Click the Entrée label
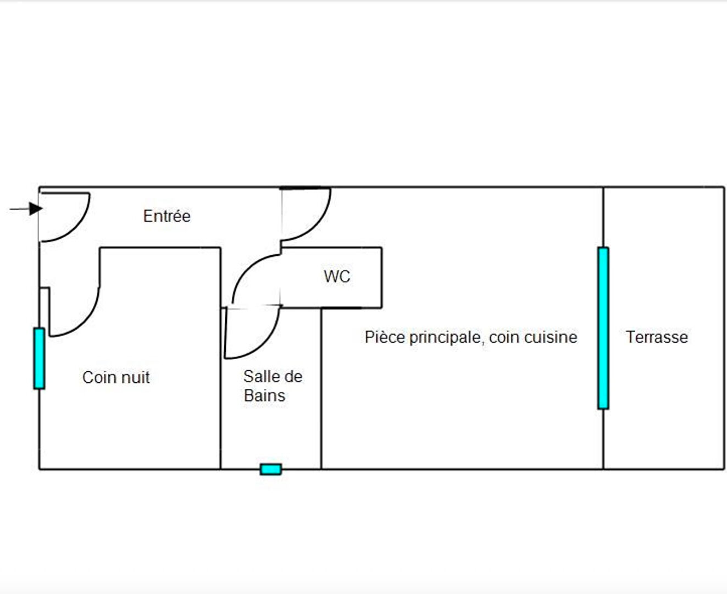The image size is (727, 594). (167, 216)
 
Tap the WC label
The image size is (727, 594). (336, 276)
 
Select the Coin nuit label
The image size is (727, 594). (115, 377)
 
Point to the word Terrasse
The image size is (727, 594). (657, 337)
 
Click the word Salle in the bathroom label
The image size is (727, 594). (257, 377)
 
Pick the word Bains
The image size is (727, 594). (264, 395)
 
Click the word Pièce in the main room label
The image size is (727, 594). (385, 337)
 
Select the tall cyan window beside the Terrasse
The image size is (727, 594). (603, 328)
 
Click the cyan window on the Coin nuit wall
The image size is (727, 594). (39, 358)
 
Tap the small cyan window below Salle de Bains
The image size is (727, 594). (270, 469)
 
